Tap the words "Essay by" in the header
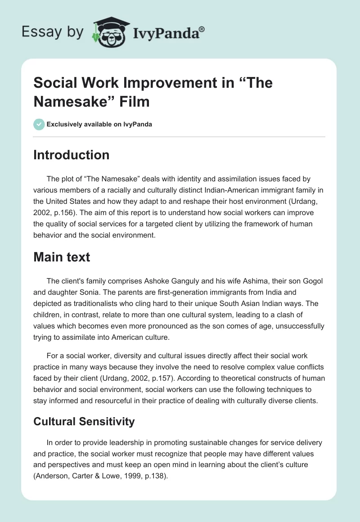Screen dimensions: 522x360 tap(53, 32)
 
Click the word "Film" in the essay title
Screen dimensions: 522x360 tap(135, 102)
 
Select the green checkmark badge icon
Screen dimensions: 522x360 tap(39, 124)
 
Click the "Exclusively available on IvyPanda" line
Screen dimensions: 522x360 tap(99, 124)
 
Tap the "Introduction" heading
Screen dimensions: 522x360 tap(72, 155)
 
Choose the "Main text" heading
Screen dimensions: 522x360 tap(62, 257)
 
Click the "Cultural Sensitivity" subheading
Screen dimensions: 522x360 tap(84, 421)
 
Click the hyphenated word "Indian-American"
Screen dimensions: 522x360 tap(200, 189)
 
